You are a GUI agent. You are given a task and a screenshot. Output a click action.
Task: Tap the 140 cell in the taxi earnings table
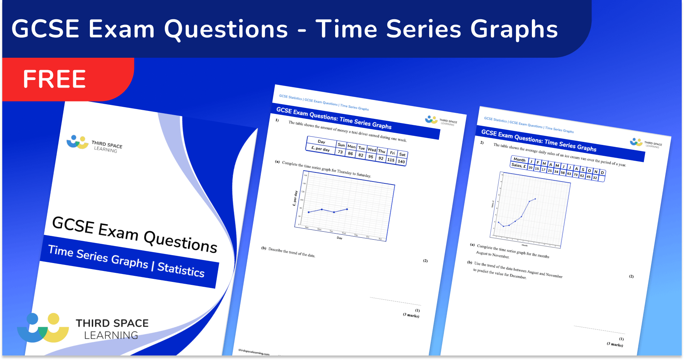401,162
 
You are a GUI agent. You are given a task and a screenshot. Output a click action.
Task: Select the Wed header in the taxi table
372,150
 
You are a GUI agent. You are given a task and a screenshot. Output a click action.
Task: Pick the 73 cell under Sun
340,152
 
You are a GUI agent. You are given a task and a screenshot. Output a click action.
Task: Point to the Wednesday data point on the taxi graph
347,209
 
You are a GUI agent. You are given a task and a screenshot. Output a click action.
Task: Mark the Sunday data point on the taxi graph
309,212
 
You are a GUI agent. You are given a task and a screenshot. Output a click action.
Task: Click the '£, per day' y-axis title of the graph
295,198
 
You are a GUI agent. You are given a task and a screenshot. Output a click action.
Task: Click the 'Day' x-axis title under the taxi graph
339,238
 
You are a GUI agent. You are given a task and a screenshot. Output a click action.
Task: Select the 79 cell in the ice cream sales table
576,175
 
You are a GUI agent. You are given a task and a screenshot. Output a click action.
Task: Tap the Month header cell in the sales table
519,160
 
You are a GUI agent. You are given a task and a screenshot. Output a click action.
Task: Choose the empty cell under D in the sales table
601,178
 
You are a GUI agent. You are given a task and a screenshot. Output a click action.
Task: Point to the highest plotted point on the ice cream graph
535,199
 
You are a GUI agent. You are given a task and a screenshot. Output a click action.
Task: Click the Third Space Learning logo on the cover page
94,144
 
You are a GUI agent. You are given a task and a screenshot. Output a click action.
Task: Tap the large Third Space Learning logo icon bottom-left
43,328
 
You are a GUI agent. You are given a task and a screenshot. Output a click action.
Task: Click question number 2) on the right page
482,143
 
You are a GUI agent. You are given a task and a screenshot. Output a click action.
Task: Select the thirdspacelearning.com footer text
254,352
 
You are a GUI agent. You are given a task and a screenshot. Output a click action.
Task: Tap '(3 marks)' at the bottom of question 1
411,315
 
